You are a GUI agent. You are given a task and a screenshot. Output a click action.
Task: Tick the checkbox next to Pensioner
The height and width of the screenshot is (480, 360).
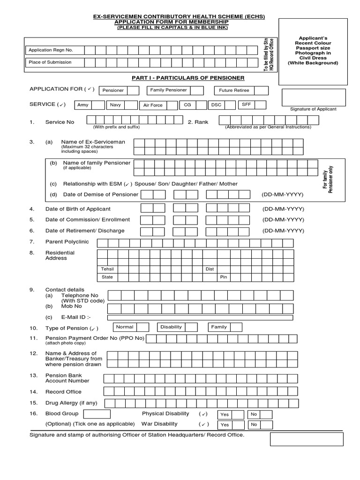click(133, 90)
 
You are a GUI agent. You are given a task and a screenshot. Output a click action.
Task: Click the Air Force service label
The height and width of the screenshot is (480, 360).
click(153, 105)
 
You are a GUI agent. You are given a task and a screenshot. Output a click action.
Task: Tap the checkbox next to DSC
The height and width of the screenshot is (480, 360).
click(230, 105)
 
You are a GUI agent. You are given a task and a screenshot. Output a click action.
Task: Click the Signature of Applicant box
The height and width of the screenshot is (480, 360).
click(314, 97)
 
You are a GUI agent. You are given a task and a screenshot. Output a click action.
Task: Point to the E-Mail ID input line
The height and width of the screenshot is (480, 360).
click(200, 317)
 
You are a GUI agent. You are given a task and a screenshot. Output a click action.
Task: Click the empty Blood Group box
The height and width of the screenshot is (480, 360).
click(96, 414)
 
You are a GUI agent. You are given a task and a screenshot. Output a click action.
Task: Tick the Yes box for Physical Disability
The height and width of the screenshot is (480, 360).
click(238, 414)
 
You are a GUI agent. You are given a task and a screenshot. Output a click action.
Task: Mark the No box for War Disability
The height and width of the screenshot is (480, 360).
click(266, 425)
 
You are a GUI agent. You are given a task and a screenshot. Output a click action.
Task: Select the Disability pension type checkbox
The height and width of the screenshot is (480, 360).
click(191, 327)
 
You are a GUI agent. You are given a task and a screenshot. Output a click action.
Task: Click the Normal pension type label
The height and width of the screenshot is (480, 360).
click(125, 327)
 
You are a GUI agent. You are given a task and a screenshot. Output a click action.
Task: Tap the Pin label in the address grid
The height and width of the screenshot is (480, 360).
click(224, 277)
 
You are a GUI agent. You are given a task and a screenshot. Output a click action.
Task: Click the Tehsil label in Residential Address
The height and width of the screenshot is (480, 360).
click(108, 269)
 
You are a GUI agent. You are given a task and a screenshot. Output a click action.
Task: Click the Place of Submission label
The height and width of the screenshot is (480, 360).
click(50, 62)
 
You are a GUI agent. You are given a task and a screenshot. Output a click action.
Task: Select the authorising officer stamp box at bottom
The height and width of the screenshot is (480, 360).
click(307, 439)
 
